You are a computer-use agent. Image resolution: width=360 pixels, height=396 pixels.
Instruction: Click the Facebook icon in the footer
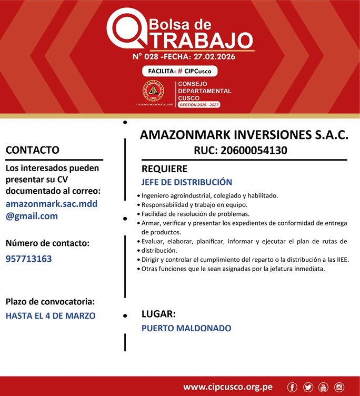coord(292,388)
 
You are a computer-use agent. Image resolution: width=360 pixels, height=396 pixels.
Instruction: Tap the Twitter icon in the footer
coord(308,388)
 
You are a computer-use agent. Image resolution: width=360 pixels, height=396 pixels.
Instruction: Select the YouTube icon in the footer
coord(323,388)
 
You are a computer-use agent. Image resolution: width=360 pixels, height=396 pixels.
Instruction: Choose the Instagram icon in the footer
coord(339,388)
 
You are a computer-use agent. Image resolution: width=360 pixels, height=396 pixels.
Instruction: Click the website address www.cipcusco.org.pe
coord(228,387)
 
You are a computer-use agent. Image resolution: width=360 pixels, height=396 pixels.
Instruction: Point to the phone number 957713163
coord(29,259)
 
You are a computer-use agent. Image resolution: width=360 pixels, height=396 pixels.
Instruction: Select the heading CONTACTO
coord(32,150)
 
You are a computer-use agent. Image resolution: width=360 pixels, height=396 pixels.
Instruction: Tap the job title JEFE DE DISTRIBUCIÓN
coord(187,182)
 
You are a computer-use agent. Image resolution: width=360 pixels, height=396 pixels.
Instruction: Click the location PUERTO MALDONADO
coord(186,328)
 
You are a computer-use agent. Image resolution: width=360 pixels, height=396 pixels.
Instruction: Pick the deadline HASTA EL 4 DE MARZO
coord(51,316)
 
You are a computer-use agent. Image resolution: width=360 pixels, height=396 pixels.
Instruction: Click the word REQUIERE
coord(164,169)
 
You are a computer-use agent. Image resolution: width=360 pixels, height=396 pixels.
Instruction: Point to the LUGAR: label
coord(158,314)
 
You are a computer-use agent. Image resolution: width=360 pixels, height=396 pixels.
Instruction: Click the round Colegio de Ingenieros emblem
coord(153,92)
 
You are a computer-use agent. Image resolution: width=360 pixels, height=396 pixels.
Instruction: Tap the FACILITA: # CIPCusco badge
coord(179,71)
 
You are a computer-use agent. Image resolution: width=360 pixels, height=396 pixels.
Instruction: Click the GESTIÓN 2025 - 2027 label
coord(199,105)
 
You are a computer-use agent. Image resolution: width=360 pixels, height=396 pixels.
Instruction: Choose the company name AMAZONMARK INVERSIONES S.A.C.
coord(244,135)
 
